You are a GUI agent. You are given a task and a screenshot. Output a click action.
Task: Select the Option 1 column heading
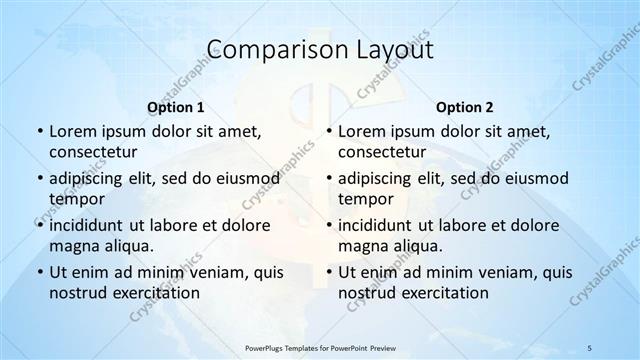tap(175, 106)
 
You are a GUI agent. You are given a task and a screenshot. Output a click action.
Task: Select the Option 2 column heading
tap(465, 106)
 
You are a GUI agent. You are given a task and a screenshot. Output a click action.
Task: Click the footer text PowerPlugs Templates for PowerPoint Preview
tap(320, 348)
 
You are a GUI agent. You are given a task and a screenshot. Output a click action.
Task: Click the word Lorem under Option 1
tap(72, 131)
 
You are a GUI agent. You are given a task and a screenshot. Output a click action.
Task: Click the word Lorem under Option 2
tap(362, 131)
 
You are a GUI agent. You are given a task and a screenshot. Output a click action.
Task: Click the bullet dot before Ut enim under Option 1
tap(39, 272)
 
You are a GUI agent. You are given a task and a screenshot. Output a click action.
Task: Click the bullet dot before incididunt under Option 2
tap(329, 225)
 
